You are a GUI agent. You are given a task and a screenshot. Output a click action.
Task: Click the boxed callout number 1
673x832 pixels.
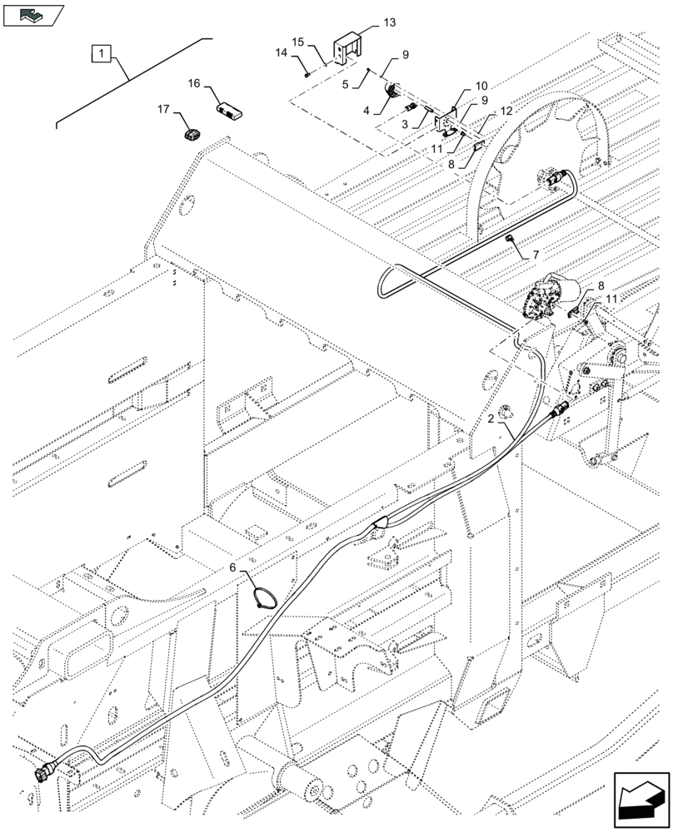pos(101,54)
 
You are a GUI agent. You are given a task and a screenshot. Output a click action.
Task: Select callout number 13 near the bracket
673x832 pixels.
pos(391,22)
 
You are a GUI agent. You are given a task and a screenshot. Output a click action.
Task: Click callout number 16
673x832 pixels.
pos(193,83)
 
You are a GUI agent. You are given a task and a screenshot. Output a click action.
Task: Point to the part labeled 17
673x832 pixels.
pos(193,135)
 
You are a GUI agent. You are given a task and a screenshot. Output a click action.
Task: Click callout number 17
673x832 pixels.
pos(162,109)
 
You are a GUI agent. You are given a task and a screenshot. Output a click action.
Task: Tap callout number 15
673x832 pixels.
pos(298,40)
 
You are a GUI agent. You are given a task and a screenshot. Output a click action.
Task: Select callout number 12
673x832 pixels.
pos(506,110)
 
